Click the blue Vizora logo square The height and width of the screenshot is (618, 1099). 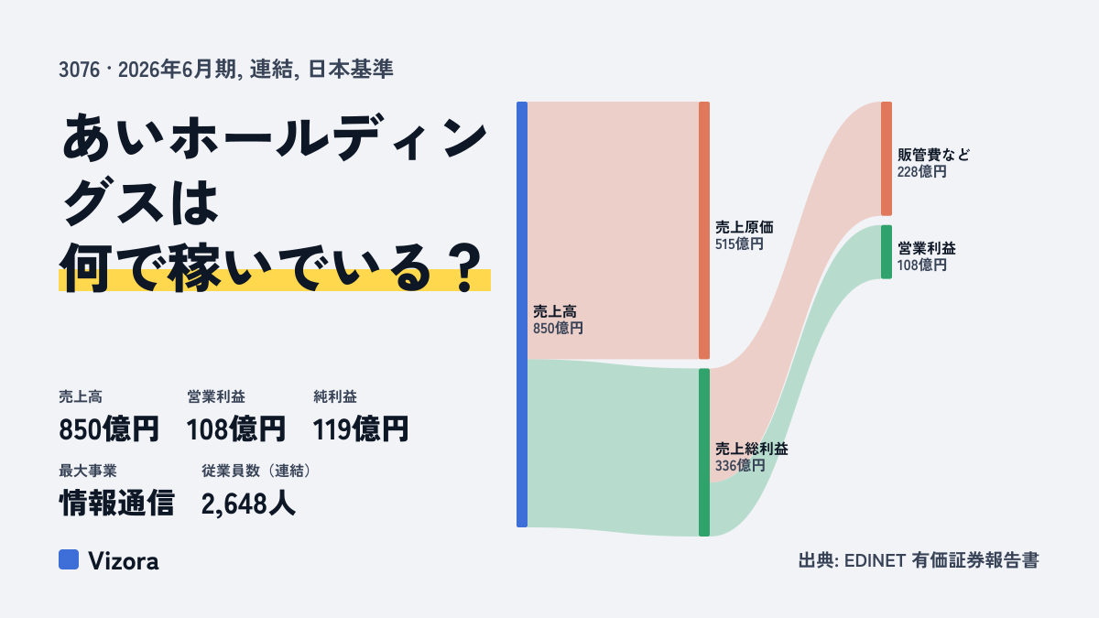[x=69, y=559]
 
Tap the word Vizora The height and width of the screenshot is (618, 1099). [x=124, y=561]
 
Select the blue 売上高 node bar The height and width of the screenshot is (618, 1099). [x=522, y=314]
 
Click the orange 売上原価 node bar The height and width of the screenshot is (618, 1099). [x=704, y=231]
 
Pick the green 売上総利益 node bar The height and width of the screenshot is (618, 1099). [x=704, y=452]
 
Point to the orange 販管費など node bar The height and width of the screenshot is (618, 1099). [x=887, y=158]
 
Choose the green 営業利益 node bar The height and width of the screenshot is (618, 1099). [x=887, y=252]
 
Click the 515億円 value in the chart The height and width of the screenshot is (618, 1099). [x=739, y=244]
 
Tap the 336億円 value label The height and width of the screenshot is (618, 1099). [x=740, y=465]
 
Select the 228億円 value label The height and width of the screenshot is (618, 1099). [x=922, y=172]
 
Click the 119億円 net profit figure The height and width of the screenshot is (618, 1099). [x=361, y=429]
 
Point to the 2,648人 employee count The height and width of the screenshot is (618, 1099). [x=248, y=504]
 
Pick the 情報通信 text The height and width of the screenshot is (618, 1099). [x=117, y=504]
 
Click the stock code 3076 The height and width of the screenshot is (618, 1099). [x=79, y=70]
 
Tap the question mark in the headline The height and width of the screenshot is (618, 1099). [x=465, y=269]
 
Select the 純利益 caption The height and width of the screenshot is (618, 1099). [x=335, y=396]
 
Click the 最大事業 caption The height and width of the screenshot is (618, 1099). [x=88, y=471]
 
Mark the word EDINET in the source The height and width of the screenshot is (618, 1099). [x=875, y=560]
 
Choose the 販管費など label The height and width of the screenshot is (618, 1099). [x=933, y=155]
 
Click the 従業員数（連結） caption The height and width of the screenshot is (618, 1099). [x=256, y=471]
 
